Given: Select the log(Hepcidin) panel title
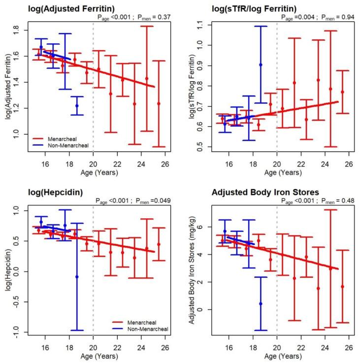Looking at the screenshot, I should (x=35, y=194).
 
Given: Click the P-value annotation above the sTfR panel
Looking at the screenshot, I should (x=314, y=17).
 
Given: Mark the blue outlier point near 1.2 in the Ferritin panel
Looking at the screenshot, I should (x=77, y=106).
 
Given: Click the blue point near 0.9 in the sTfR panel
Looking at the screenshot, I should (x=261, y=65).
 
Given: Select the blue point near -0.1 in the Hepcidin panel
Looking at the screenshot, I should (x=77, y=277).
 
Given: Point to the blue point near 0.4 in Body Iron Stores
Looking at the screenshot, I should (x=261, y=304).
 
